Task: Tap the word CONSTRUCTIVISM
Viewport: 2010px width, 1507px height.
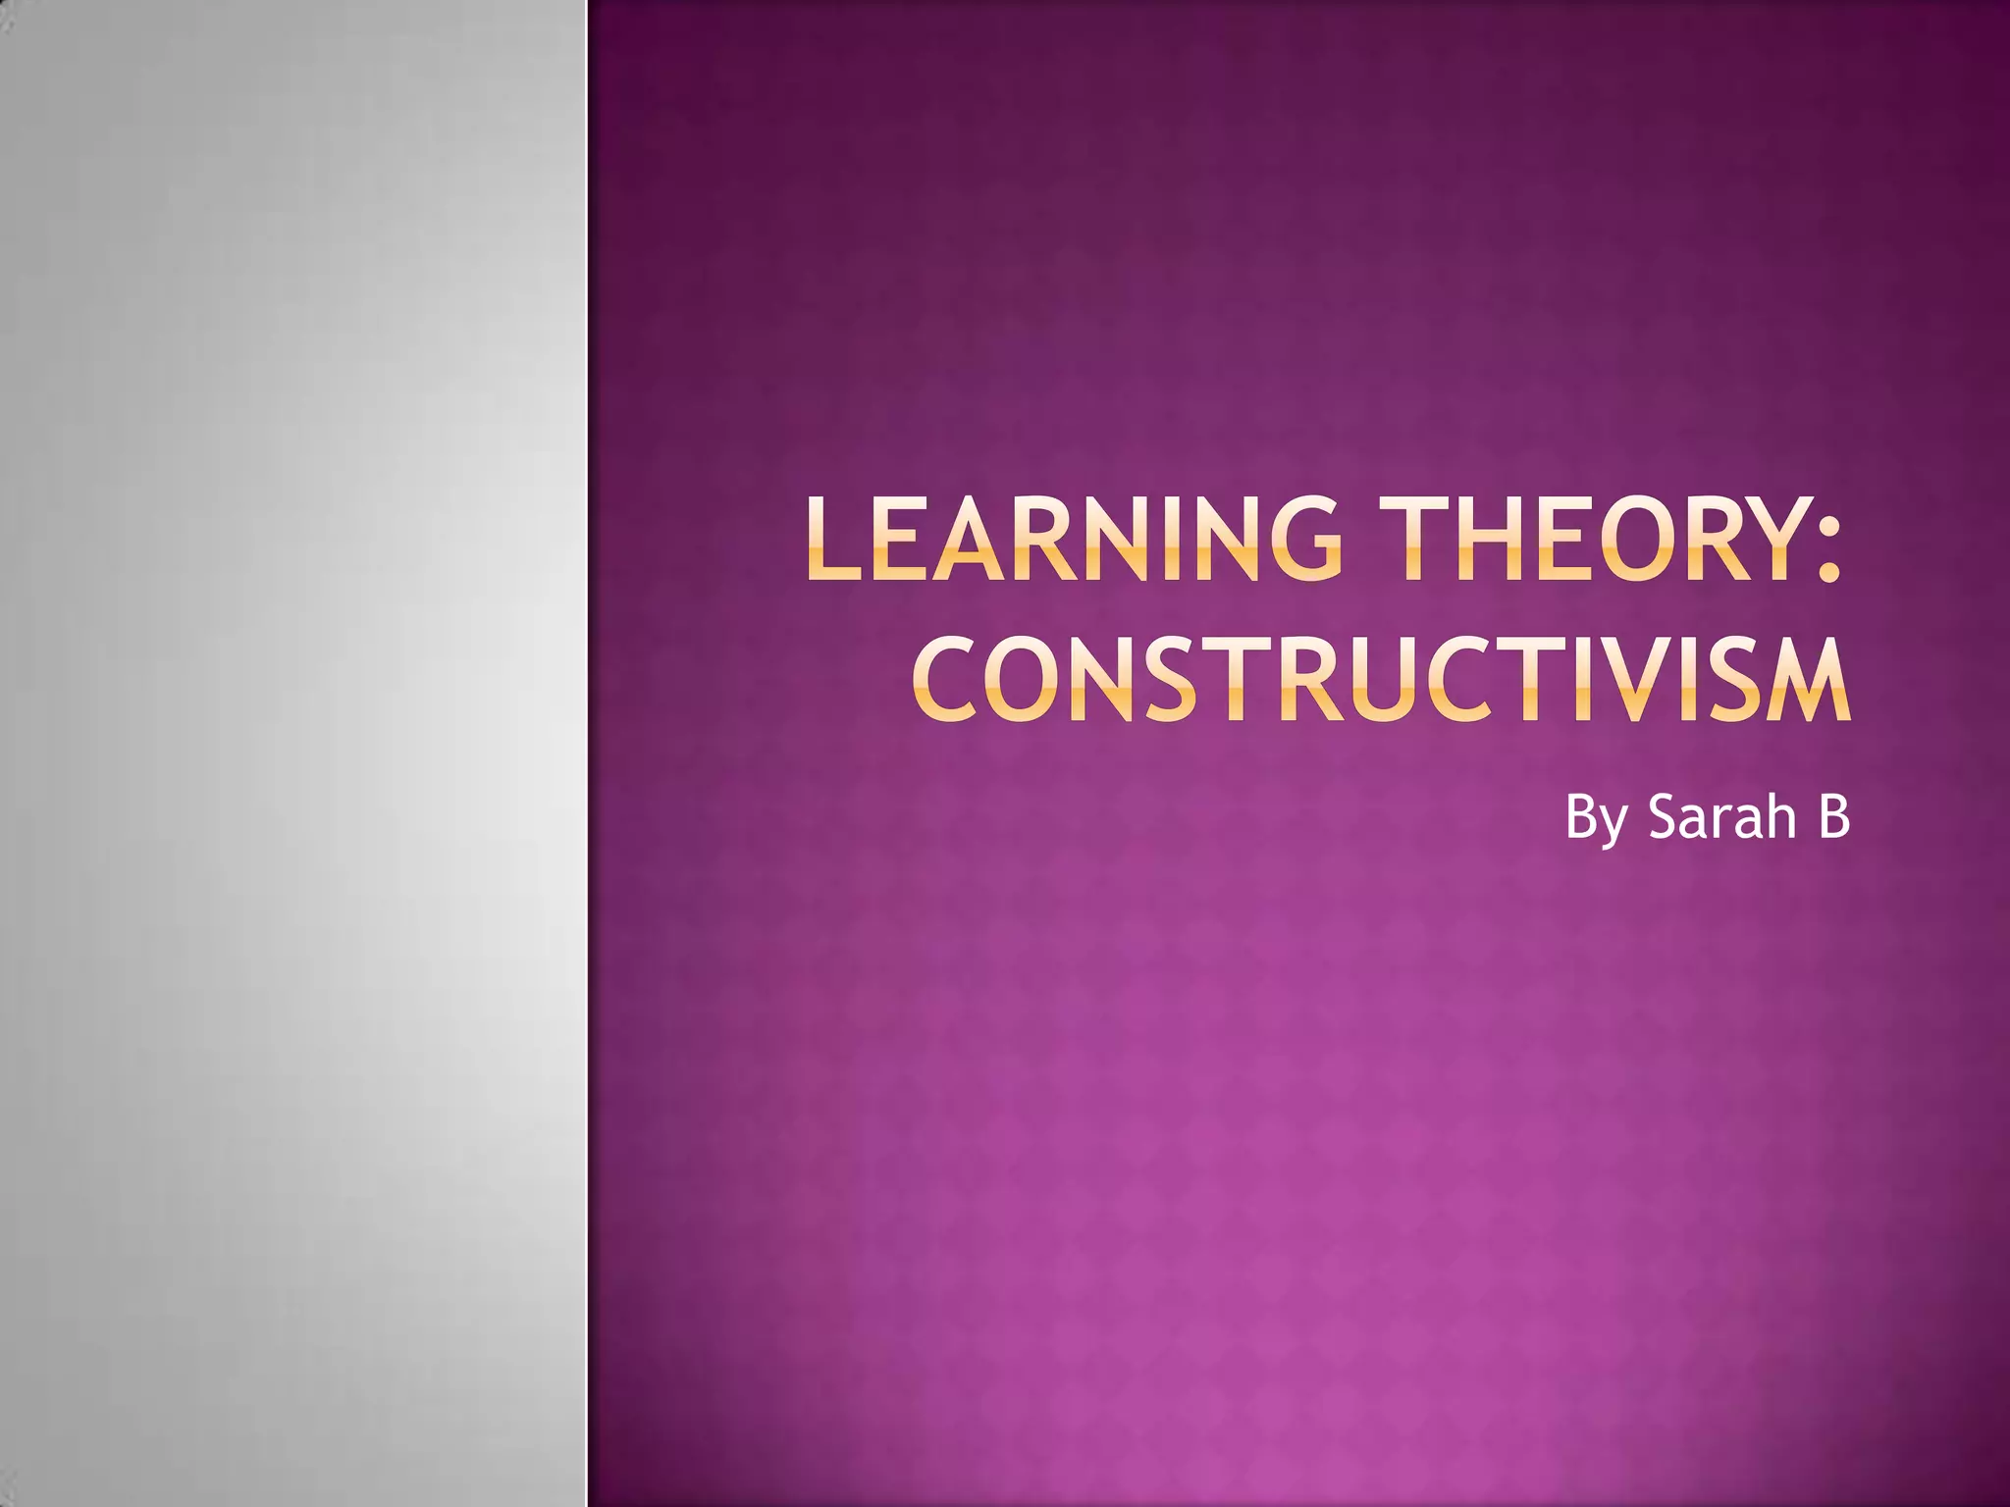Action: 1382,678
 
